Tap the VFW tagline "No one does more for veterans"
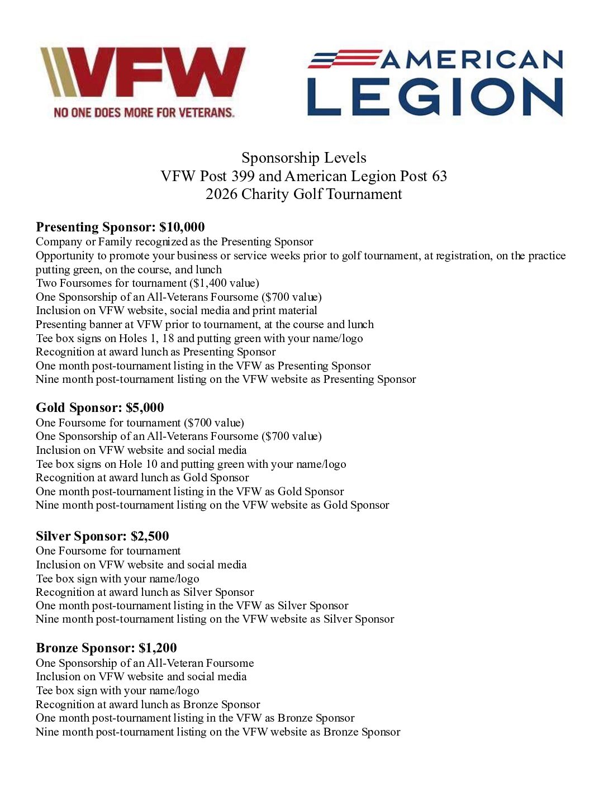coord(144,112)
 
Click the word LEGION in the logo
coord(435,97)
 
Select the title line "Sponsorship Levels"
coord(303,158)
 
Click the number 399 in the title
coord(243,177)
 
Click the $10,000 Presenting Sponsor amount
coord(182,227)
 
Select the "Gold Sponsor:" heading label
coord(79,407)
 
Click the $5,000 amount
coord(145,407)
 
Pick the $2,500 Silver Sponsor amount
coord(150,536)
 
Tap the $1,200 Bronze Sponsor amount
coord(158,648)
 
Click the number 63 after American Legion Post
coord(439,177)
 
